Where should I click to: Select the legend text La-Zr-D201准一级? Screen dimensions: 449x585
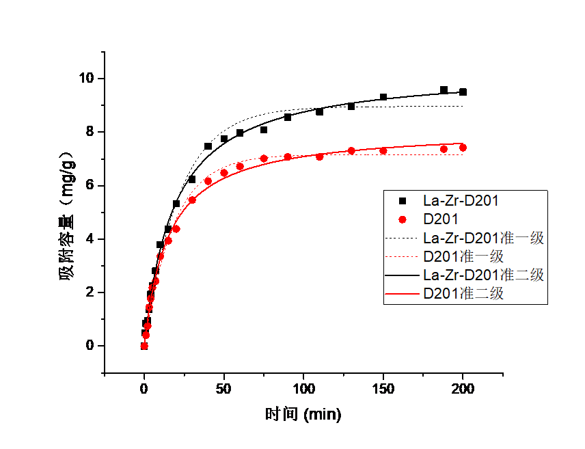pos(483,238)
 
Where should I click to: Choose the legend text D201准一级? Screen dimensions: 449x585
pos(463,256)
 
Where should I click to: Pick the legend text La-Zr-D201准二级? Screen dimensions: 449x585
pos(483,275)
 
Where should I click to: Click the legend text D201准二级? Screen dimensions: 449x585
pos(463,294)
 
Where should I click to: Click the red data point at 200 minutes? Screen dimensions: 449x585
pos(463,148)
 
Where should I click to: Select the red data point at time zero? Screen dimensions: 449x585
pos(144,346)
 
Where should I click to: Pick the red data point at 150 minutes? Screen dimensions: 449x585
pos(383,151)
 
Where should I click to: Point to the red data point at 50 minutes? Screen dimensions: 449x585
pos(224,172)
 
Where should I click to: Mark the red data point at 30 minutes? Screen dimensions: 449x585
pos(192,200)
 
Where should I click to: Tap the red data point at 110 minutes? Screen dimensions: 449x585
pos(319,157)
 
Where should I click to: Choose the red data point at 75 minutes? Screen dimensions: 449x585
pos(264,159)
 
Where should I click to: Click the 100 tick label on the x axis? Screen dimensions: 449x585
pos(303,389)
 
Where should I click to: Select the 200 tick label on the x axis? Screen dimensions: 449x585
pos(463,389)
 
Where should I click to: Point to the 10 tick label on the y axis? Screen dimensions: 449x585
pos(87,78)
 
